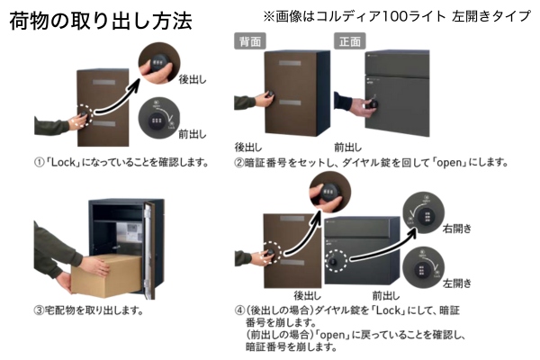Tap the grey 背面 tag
coord(249,40)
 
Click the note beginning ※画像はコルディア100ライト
coord(396,16)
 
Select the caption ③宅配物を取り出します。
coord(88,311)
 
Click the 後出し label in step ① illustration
coord(193,79)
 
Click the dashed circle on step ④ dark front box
coord(335,262)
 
